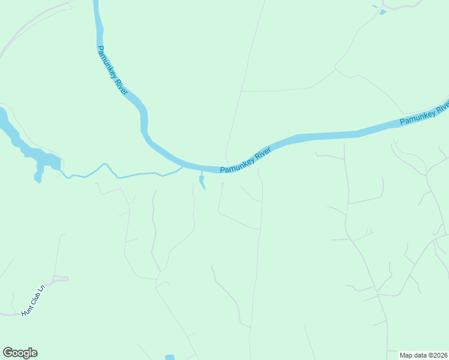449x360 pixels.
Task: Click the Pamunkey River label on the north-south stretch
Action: pyautogui.click(x=112, y=70)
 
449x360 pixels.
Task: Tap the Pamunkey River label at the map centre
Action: pyautogui.click(x=246, y=161)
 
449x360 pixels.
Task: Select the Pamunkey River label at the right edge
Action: pyautogui.click(x=424, y=114)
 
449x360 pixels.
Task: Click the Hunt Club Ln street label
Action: pyautogui.click(x=33, y=301)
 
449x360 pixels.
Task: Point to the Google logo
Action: pyautogui.click(x=20, y=353)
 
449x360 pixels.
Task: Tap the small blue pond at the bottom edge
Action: pyautogui.click(x=169, y=358)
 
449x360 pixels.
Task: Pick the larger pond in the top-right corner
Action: pyautogui.click(x=382, y=11)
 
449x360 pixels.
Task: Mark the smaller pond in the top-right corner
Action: pyautogui.click(x=375, y=6)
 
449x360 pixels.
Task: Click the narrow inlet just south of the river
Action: pyautogui.click(x=202, y=181)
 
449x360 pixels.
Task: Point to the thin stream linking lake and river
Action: pyautogui.click(x=120, y=175)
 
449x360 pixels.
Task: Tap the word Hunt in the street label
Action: pyautogui.click(x=26, y=310)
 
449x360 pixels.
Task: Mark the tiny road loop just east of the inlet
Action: pyautogui.click(x=222, y=185)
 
